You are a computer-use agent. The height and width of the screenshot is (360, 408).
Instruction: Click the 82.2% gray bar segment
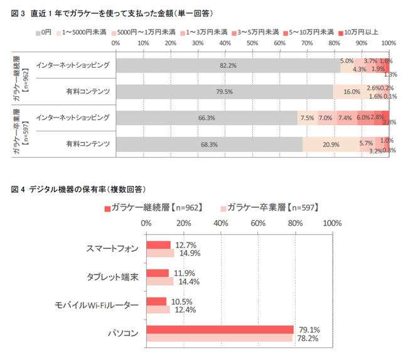[x=227, y=65]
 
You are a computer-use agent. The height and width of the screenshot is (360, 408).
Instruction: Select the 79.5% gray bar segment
[x=224, y=92]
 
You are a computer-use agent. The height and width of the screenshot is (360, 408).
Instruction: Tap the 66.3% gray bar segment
[x=207, y=117]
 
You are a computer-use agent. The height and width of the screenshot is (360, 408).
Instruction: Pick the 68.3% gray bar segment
[x=209, y=144]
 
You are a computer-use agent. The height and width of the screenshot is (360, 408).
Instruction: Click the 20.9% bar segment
[x=331, y=144]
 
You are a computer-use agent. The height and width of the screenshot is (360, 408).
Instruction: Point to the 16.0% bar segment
[x=351, y=92]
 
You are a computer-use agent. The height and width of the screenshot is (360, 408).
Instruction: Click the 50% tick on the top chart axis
[x=252, y=43]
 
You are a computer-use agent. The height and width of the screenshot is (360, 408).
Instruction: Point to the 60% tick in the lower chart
[x=257, y=223]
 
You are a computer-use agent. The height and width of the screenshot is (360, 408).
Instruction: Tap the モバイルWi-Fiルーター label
[x=97, y=305]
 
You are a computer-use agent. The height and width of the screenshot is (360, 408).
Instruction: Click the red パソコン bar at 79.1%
[x=220, y=330]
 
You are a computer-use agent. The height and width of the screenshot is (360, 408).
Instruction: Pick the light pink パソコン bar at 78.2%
[x=219, y=338]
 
